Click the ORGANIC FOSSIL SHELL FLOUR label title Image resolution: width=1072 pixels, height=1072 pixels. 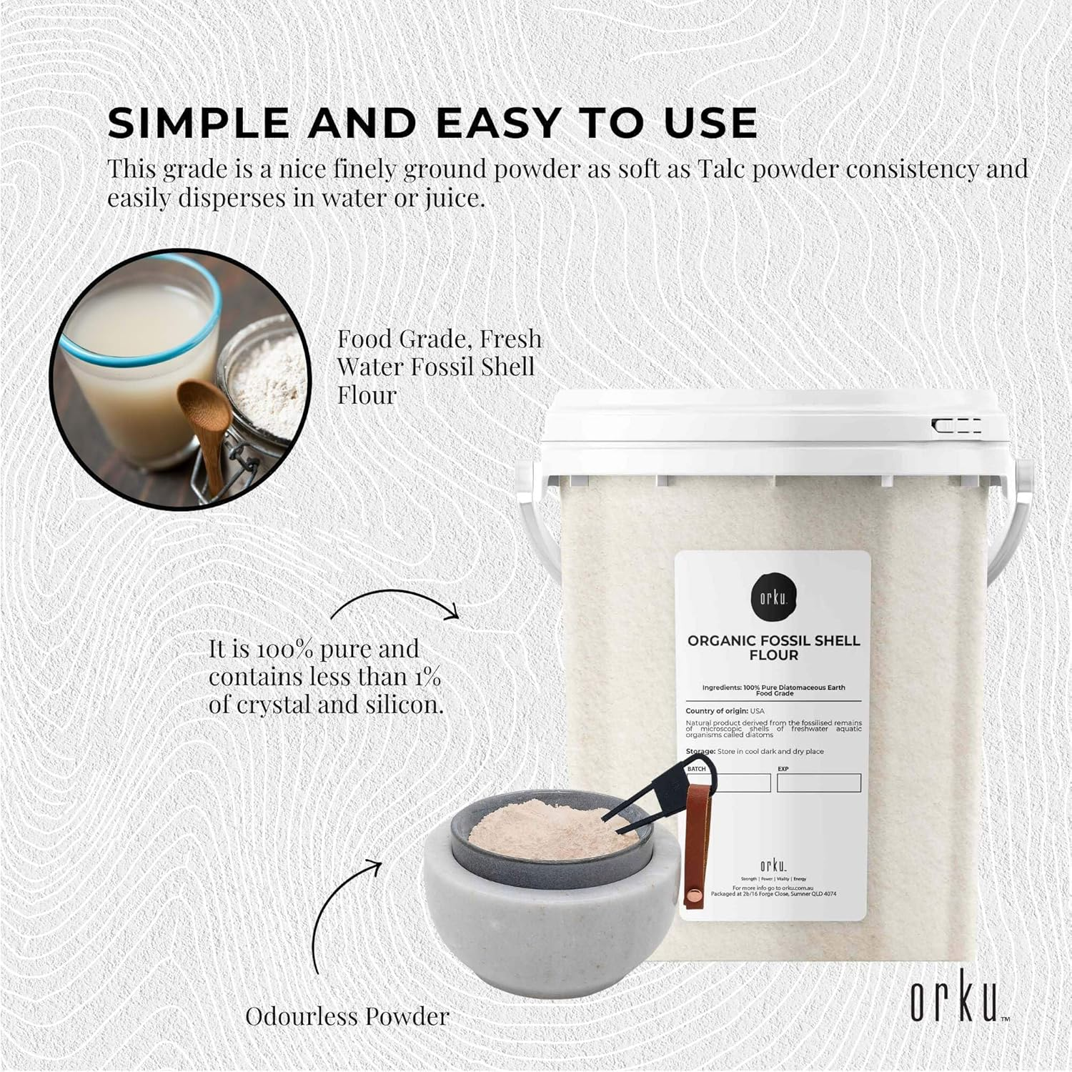[773, 647]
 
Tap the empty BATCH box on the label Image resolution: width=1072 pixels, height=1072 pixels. [728, 783]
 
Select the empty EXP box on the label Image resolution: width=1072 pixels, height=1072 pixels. [818, 783]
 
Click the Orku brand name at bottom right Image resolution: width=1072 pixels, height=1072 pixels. [953, 1004]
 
